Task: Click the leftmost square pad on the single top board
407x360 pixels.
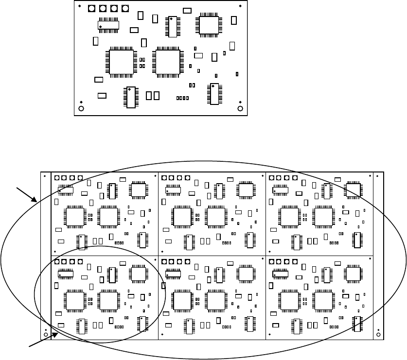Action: tap(91, 9)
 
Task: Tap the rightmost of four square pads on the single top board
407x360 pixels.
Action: tap(125, 9)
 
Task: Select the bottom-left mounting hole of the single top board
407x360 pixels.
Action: tap(81, 108)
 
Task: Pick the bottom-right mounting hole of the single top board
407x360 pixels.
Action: tap(240, 108)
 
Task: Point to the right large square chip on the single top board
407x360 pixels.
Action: tap(167, 61)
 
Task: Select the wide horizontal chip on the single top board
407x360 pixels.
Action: tap(108, 25)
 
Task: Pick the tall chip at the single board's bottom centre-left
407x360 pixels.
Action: tap(130, 97)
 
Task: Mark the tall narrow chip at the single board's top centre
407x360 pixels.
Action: tap(172, 27)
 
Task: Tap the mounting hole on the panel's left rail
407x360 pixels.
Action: tap(45, 335)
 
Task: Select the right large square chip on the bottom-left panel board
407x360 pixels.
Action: tap(108, 300)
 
